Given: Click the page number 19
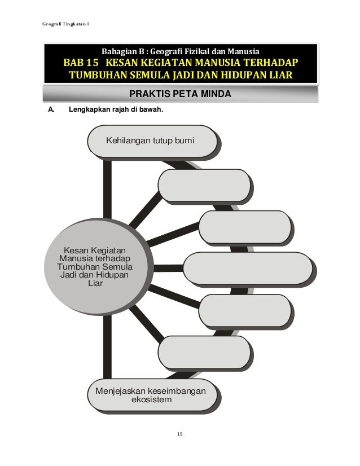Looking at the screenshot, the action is (x=179, y=433).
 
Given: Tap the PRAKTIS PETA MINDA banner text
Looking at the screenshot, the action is (x=180, y=94).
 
